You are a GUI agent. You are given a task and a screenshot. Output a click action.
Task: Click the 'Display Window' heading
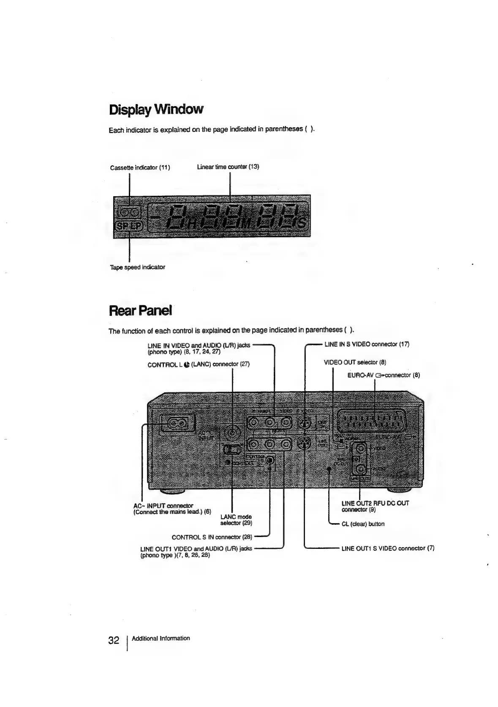(x=156, y=110)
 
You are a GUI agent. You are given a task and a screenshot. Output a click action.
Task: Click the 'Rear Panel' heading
(x=140, y=311)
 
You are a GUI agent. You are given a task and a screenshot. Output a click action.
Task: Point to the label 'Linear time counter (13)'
(x=228, y=167)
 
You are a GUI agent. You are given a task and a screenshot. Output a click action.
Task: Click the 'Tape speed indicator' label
(x=137, y=267)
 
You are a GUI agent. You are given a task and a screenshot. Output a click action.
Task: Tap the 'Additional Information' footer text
(x=161, y=638)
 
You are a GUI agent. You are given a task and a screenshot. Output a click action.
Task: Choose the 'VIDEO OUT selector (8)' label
(x=355, y=362)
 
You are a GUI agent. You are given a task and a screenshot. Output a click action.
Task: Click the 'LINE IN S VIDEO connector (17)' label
(x=367, y=344)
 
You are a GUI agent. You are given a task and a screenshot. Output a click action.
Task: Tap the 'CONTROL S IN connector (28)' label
(x=212, y=537)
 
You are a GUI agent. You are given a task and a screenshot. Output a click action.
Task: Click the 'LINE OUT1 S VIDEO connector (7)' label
(x=387, y=548)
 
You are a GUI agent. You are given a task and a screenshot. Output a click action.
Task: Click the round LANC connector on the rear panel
(x=232, y=433)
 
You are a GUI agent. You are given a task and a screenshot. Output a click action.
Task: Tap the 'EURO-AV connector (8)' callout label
(x=384, y=375)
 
